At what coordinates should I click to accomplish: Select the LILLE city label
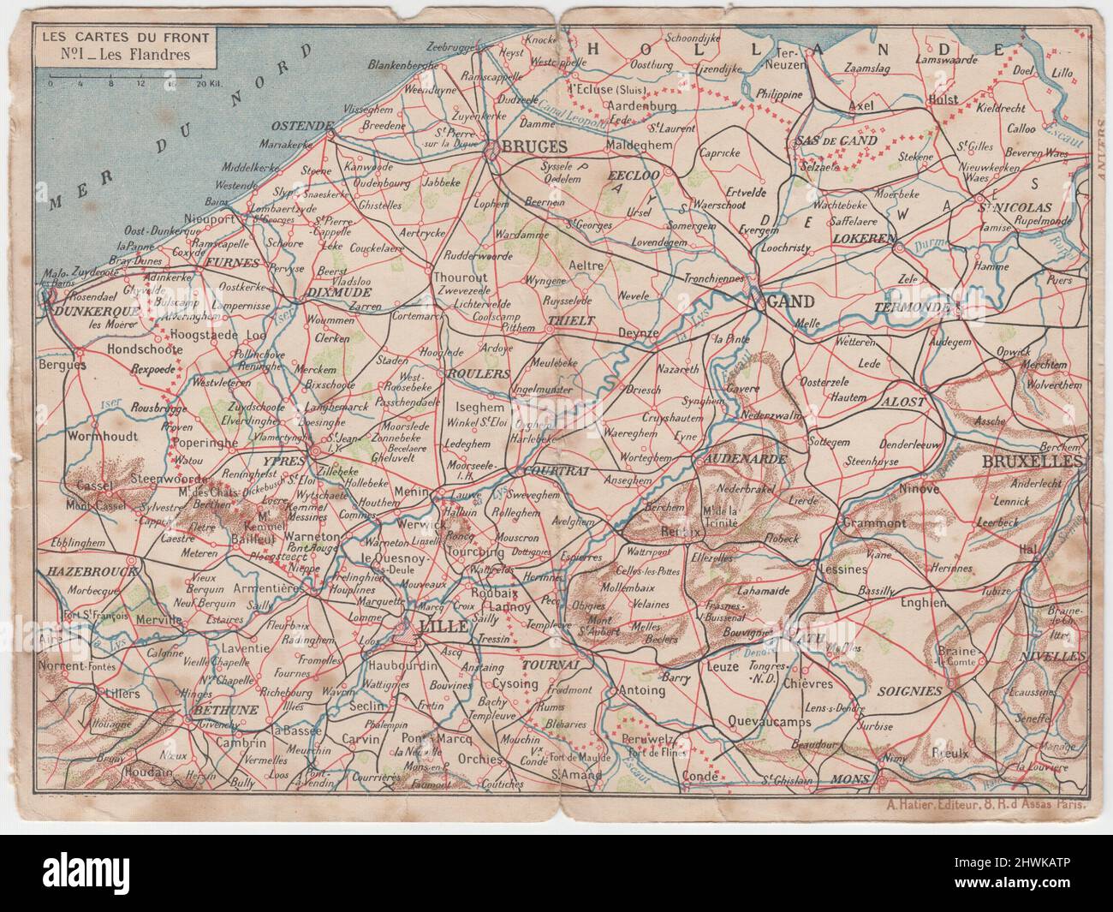pyautogui.click(x=443, y=627)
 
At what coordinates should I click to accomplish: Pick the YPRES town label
pyautogui.click(x=275, y=459)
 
